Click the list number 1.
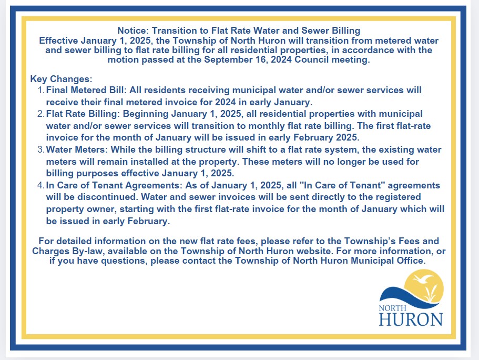[41, 91]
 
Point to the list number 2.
[41, 114]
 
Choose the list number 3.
[41, 150]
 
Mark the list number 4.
[41, 186]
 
